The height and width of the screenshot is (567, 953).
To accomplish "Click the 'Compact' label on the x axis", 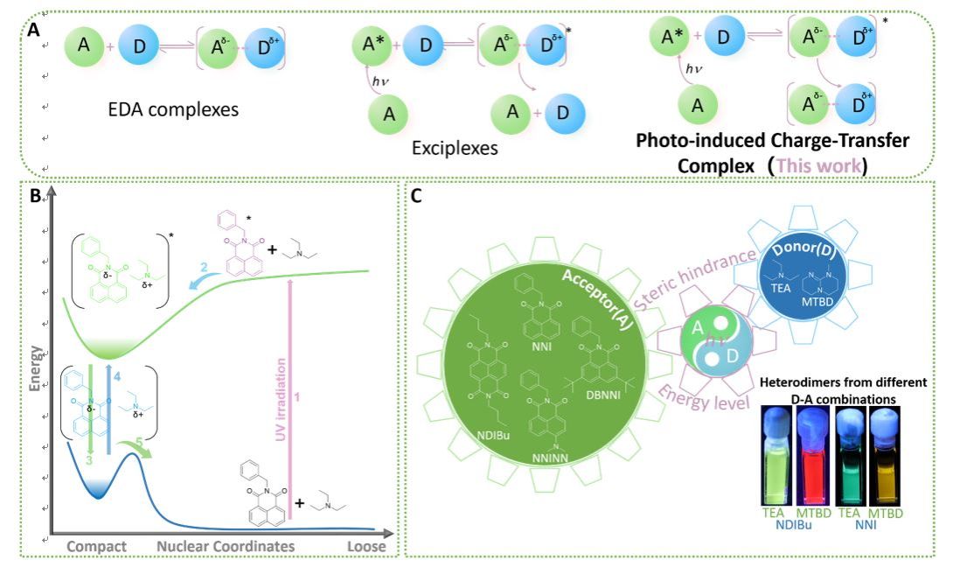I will (97, 547).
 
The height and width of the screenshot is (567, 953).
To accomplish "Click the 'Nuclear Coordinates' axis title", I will (226, 547).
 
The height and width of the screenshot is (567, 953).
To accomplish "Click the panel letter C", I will (416, 198).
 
